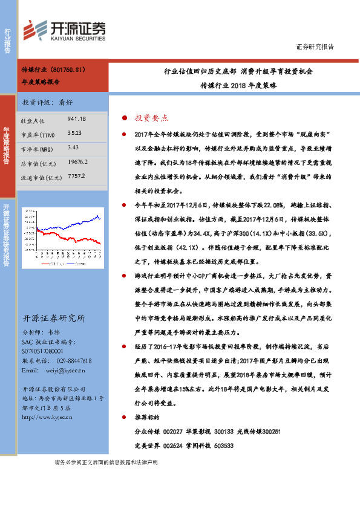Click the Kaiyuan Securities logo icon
point(35,30)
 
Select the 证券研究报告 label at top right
point(315,47)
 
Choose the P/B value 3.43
point(73,147)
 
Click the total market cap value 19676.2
point(79,162)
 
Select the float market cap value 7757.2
point(77,177)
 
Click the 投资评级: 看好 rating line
point(48,102)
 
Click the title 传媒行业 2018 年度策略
point(238,86)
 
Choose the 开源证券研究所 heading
point(54,319)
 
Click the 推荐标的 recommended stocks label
point(147,417)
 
